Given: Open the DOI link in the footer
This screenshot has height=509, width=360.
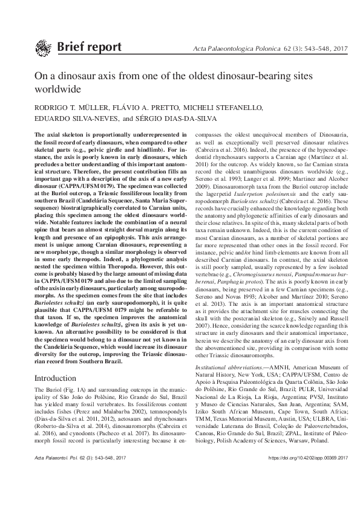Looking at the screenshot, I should [295, 493].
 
